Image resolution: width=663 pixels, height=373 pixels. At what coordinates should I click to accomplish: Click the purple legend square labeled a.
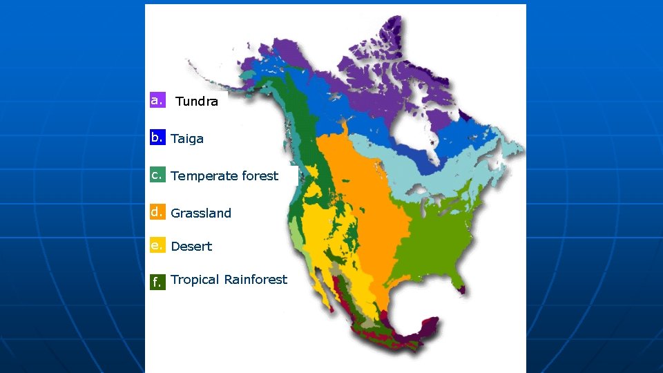157,100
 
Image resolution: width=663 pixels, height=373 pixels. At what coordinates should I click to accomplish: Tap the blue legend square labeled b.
157,137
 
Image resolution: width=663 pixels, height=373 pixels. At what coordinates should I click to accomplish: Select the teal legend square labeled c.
157,175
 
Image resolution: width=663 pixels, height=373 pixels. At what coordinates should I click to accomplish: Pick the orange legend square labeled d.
157,212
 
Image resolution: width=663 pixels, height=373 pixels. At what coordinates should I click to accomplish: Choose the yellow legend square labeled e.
157,245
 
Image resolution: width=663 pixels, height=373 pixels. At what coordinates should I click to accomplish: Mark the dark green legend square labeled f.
157,281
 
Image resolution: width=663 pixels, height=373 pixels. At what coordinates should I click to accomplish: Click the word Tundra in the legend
197,102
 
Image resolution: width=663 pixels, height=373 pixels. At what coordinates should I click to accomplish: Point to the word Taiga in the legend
187,139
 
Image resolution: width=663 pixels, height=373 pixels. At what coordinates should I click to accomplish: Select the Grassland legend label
201,213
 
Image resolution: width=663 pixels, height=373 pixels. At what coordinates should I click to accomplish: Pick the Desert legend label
191,247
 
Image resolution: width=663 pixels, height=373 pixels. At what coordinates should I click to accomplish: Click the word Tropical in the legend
195,280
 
